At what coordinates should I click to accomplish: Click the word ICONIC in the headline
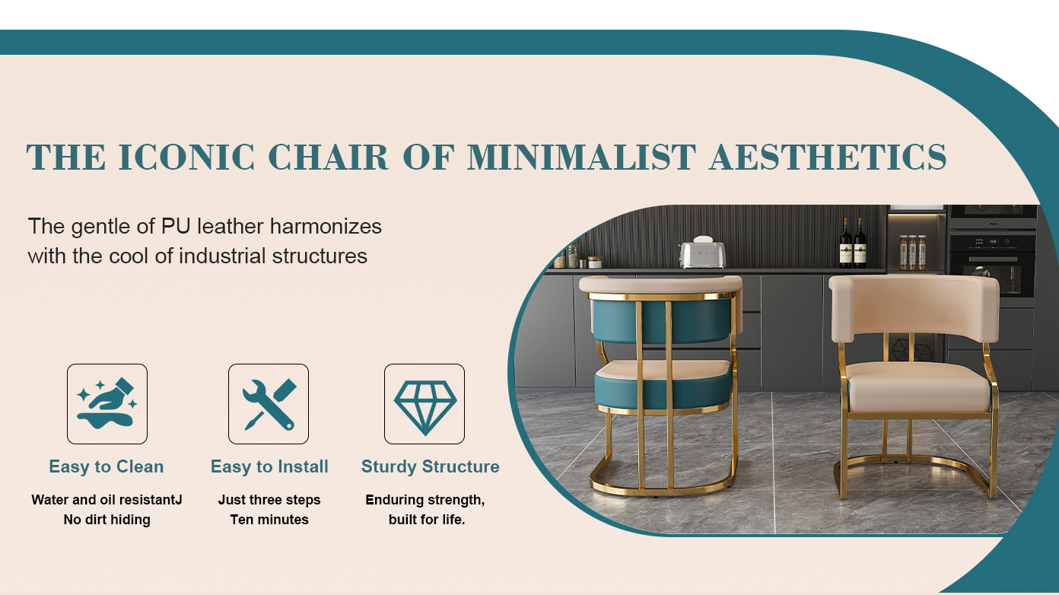(186, 157)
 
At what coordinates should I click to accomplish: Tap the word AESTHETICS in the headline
(828, 157)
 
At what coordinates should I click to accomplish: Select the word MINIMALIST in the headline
(581, 157)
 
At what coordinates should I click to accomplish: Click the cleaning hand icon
(107, 403)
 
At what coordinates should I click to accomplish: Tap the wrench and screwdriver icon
(269, 404)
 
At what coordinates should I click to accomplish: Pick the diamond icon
(425, 408)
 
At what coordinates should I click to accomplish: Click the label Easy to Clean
(107, 467)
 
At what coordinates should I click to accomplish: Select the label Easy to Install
(269, 467)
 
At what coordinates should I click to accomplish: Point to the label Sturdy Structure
(431, 467)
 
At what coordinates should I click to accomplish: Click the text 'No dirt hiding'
(107, 520)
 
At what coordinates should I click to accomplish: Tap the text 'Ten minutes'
(269, 520)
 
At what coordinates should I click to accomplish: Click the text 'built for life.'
(427, 520)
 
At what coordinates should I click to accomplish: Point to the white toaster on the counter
(702, 253)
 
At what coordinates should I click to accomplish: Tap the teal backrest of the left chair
(662, 321)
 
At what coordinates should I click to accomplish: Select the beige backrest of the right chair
(914, 307)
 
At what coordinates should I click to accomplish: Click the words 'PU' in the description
(176, 226)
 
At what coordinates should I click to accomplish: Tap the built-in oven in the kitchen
(993, 265)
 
